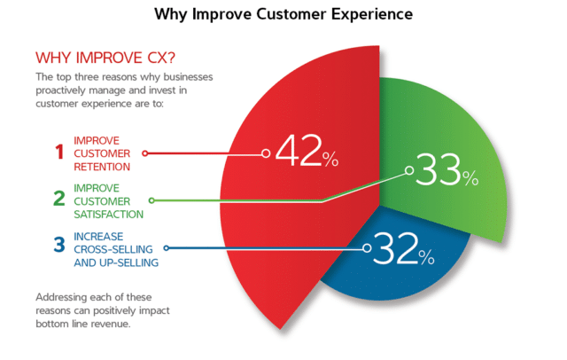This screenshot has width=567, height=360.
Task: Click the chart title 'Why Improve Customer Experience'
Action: click(283, 15)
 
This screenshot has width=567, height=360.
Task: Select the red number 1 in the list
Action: click(59, 153)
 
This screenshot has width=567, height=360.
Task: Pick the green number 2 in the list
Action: click(58, 199)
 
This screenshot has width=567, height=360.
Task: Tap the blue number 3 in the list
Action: click(58, 246)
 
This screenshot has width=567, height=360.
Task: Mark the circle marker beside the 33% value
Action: click(408, 170)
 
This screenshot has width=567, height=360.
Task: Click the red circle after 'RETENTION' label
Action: click(145, 153)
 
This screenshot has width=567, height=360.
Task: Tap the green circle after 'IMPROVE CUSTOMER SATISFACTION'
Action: click(152, 200)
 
